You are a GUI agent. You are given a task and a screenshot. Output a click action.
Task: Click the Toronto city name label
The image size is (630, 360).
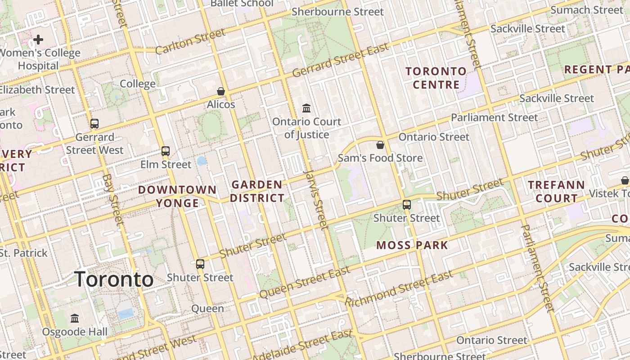tap(114, 279)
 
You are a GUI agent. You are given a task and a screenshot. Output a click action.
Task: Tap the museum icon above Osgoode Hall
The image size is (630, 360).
tap(75, 318)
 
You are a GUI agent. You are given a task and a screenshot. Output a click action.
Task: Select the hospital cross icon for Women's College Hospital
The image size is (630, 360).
tap(38, 40)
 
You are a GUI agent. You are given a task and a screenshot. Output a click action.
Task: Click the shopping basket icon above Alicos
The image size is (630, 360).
tap(221, 91)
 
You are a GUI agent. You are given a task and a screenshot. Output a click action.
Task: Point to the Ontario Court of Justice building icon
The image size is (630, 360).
tap(307, 108)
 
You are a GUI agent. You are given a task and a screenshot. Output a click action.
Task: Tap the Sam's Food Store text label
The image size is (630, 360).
tap(380, 158)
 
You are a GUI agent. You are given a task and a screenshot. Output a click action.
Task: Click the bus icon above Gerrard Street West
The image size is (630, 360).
tap(94, 124)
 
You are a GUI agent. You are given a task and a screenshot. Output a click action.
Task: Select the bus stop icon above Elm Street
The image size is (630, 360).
tap(166, 151)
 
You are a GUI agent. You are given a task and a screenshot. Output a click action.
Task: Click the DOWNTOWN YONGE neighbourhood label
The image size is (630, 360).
tap(177, 196)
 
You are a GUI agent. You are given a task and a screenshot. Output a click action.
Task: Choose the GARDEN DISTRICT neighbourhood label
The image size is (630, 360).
tap(257, 191)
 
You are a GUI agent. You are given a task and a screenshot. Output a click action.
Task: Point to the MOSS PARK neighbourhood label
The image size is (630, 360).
tap(412, 245)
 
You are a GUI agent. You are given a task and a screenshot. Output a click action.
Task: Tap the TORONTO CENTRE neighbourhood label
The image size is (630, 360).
tap(436, 78)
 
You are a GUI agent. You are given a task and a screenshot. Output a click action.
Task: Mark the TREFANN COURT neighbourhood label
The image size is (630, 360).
tap(556, 191)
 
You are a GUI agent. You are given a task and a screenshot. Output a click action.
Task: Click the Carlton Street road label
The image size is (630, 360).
tap(190, 41)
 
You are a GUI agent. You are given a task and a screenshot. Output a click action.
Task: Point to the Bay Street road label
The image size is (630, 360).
tap(113, 199)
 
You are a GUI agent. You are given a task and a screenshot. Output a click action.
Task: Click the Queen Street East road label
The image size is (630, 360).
tap(305, 282)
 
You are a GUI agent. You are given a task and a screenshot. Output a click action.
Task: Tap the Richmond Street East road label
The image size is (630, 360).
tap(399, 288)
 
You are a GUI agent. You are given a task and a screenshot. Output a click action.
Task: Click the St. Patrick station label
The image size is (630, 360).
tap(23, 253)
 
